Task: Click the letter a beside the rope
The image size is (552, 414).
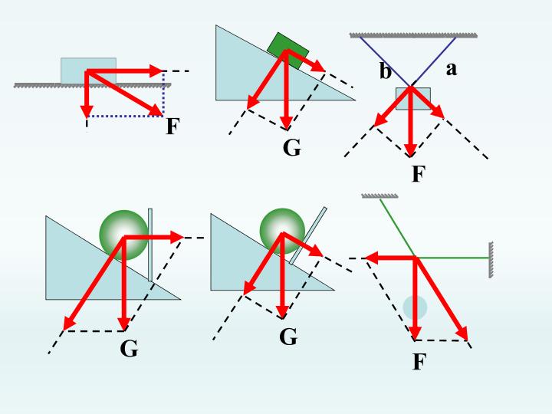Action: pyautogui.click(x=452, y=69)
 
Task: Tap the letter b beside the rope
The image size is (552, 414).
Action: pyautogui.click(x=386, y=71)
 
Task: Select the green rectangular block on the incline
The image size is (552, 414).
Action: pyautogui.click(x=288, y=51)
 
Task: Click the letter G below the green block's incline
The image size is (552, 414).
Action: pyautogui.click(x=292, y=148)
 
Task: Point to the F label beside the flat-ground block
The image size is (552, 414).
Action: pyautogui.click(x=172, y=126)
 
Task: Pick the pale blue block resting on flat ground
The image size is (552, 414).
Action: pyautogui.click(x=88, y=71)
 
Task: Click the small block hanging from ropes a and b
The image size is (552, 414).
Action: pyautogui.click(x=413, y=99)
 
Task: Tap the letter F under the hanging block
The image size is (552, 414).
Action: pyautogui.click(x=419, y=173)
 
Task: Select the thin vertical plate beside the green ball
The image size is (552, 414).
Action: pyautogui.click(x=150, y=245)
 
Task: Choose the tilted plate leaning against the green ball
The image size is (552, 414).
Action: pyautogui.click(x=308, y=235)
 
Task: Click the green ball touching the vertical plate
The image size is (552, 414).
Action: pyautogui.click(x=123, y=235)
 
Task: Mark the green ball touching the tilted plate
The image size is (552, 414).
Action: pyautogui.click(x=282, y=231)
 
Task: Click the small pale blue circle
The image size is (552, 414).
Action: pyautogui.click(x=415, y=307)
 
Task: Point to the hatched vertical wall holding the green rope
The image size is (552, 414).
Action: pyautogui.click(x=491, y=260)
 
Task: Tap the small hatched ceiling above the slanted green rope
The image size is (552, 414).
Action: pyautogui.click(x=379, y=195)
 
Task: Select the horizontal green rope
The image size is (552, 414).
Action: pyautogui.click(x=453, y=258)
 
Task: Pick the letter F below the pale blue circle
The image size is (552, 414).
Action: pyautogui.click(x=419, y=362)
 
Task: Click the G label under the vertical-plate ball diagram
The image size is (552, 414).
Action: pyautogui.click(x=129, y=349)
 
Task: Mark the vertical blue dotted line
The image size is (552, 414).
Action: pyautogui.click(x=163, y=94)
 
